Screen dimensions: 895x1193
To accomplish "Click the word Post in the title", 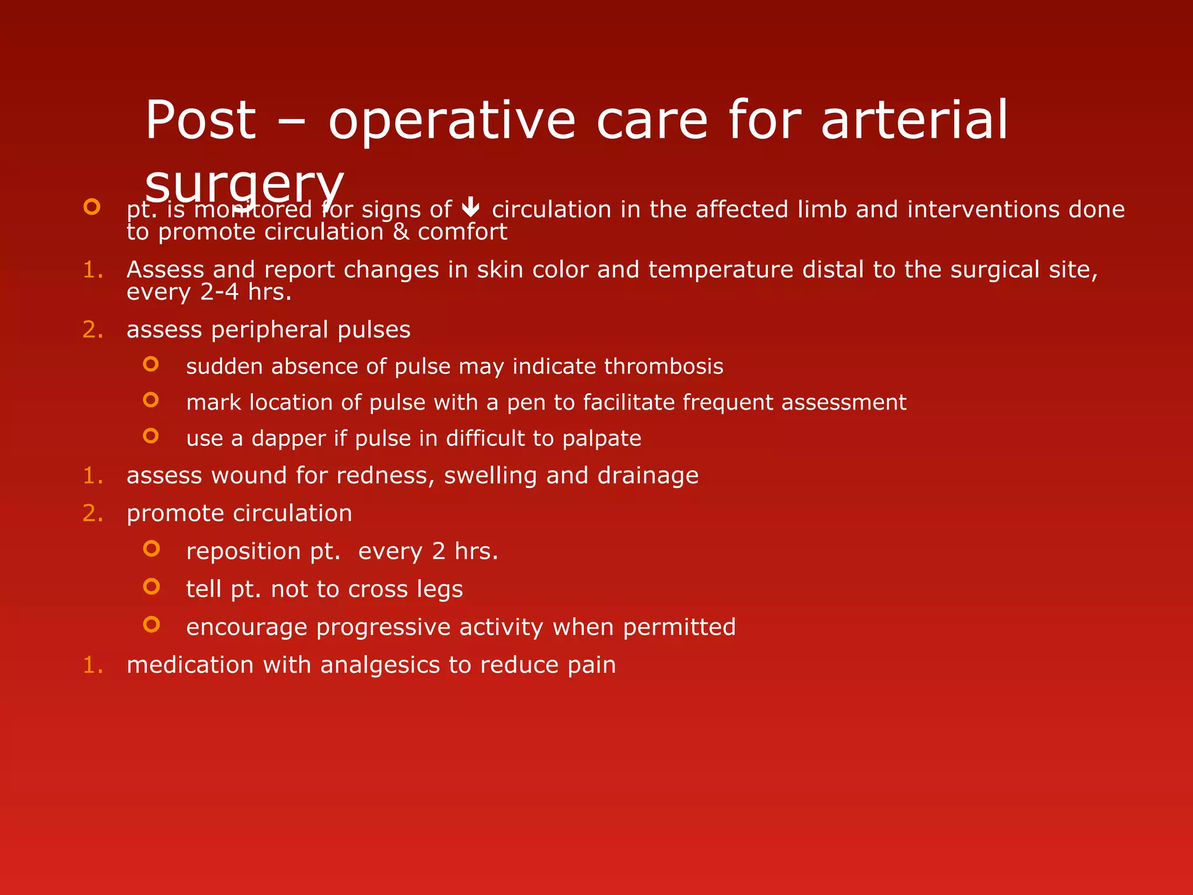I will pos(200,121).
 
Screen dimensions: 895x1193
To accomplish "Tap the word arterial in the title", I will pos(914,121).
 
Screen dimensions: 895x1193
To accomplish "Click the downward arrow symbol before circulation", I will pos(470,207).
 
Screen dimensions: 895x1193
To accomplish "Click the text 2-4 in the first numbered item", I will pos(219,292).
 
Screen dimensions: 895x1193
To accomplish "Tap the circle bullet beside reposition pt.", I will pos(151,548).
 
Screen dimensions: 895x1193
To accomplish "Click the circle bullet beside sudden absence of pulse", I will pos(151,364).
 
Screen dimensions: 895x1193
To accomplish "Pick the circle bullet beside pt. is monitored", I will pos(92,207).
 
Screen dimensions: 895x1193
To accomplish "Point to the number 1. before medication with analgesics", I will pos(93,665).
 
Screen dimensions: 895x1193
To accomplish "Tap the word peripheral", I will pos(270,330).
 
